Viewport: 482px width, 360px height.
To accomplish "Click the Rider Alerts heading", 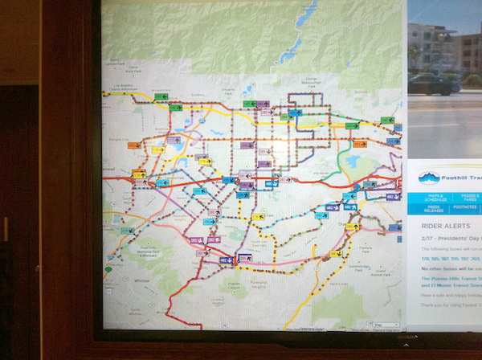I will click(441, 226).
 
